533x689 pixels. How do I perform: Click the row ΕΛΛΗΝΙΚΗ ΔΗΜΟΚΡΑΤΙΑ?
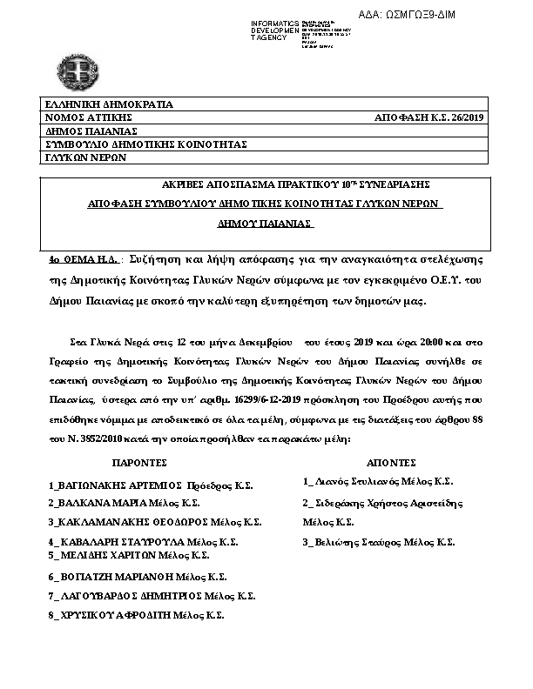109,104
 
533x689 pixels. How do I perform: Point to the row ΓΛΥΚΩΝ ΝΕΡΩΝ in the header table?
86,157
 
